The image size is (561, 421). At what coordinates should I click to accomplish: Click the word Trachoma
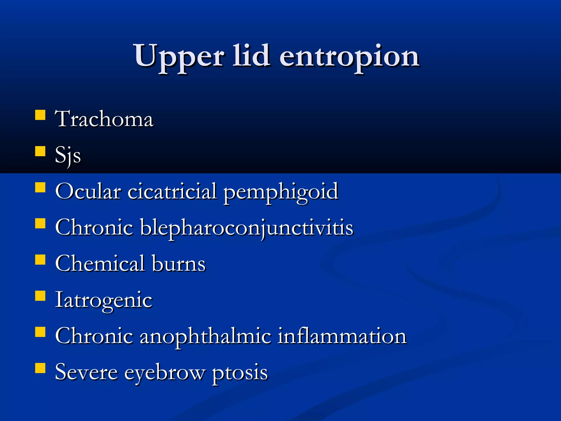(x=104, y=119)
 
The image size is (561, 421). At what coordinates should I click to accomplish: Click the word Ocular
(x=88, y=191)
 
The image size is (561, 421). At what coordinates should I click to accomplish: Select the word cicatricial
(x=172, y=191)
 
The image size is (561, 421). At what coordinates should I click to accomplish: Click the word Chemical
(x=100, y=263)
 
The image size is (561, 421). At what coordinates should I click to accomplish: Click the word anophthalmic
(x=205, y=336)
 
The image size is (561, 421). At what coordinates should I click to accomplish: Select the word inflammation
(x=342, y=336)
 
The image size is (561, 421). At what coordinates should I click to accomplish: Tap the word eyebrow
(x=165, y=373)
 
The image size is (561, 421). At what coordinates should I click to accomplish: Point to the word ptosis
(x=240, y=373)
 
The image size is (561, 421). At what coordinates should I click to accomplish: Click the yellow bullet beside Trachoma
(x=40, y=115)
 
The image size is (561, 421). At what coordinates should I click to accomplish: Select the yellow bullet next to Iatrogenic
(x=40, y=296)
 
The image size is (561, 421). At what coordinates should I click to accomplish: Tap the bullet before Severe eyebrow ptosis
(x=40, y=368)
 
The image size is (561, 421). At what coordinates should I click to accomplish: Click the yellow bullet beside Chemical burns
(x=40, y=260)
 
